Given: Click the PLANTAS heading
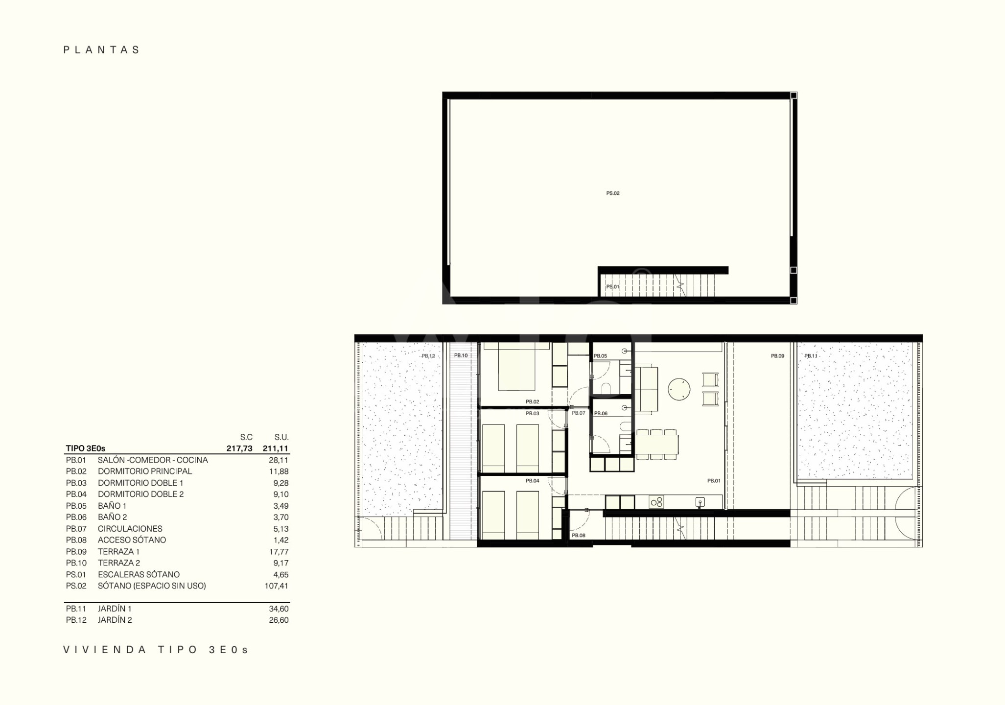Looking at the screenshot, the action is (102, 50).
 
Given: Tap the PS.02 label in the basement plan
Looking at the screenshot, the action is (613, 193).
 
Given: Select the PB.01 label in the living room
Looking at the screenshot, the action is (714, 481).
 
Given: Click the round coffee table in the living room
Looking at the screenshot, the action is (679, 390).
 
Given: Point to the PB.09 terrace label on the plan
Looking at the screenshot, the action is (777, 356).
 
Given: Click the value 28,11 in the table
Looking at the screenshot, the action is (279, 460).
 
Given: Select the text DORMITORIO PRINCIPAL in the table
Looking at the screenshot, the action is (145, 471).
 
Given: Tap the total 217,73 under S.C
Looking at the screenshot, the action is (239, 448).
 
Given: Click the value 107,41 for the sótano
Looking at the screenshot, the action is (277, 586).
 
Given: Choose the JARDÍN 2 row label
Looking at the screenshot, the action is (115, 620).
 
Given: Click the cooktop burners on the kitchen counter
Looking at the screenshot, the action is (656, 502).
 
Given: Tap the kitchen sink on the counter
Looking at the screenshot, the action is (701, 502).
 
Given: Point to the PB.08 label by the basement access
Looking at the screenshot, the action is (579, 536).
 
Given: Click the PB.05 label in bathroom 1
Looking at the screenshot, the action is (600, 356).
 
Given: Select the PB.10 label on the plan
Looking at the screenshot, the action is (461, 355).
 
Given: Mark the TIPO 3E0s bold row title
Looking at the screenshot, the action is (86, 448).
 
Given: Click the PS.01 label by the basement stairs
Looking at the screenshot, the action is (613, 287).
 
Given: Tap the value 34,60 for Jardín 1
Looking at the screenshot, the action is (279, 609).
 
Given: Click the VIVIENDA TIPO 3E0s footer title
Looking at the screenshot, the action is (156, 650).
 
